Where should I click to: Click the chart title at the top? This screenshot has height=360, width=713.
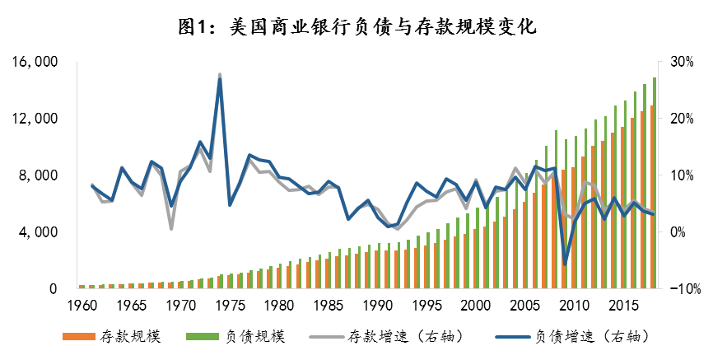tap(356, 27)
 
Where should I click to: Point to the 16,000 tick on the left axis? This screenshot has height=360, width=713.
tap(34, 62)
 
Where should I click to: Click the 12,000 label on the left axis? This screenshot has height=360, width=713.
tap(34, 119)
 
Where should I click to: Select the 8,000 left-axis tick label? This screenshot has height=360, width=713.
tap(38, 175)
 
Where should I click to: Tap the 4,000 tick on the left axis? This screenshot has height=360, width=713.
tap(38, 232)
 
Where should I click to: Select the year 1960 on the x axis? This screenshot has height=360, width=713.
tap(82, 306)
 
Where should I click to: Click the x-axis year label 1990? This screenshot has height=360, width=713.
tap(378, 306)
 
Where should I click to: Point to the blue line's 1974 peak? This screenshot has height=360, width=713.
tap(220, 80)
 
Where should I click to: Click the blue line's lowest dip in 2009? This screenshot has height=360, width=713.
tap(565, 264)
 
